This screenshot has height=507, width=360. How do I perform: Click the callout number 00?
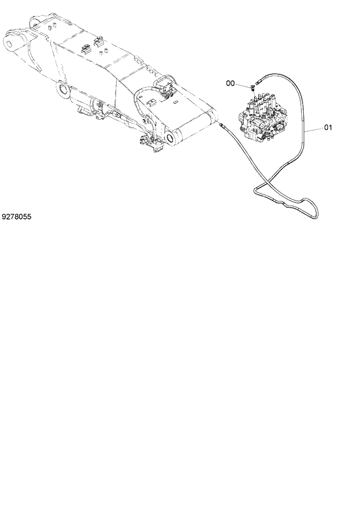pos(231,84)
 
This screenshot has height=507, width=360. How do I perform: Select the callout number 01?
pos(327,128)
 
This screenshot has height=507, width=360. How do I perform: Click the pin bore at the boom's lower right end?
pos(170,138)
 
